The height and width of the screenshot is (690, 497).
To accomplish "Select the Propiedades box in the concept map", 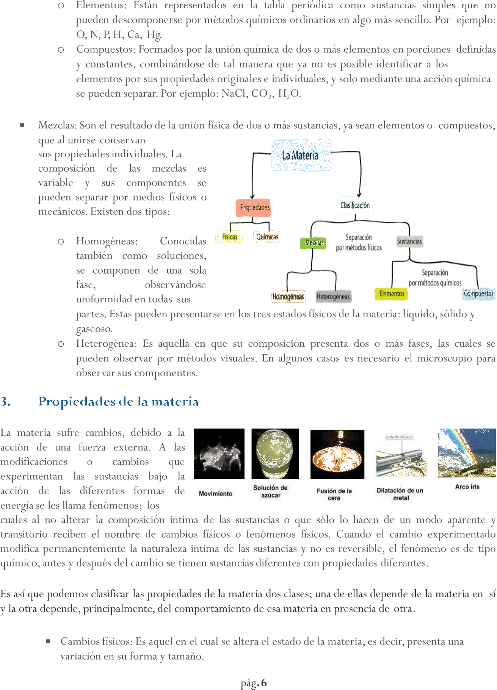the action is [255, 207].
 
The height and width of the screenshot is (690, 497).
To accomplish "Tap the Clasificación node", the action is [355, 205].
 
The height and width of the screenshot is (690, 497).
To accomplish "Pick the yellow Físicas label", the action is [230, 237].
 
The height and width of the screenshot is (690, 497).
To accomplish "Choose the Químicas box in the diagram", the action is [267, 237].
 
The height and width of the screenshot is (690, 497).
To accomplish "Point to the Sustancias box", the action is [409, 241].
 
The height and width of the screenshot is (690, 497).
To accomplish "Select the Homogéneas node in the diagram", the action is [288, 296].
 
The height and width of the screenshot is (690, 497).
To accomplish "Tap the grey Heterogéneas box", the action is [333, 296].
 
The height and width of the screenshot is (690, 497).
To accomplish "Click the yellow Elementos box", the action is [392, 293].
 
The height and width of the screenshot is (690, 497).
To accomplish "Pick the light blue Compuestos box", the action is [478, 294].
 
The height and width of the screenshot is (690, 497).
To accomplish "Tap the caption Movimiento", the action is [215, 493].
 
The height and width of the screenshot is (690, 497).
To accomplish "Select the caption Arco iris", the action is [467, 487].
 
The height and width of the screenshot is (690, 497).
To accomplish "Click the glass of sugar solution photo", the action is [275, 454].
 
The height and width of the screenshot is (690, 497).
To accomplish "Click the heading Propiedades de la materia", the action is [119, 402].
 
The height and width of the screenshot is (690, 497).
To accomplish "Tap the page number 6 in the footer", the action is [264, 683].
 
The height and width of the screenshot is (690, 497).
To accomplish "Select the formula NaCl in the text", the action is [234, 93].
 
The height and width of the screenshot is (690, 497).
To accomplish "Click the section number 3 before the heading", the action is [5, 402].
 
